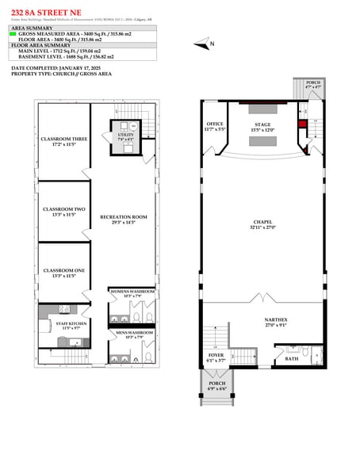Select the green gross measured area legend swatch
click(x=13, y=34)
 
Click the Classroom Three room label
click(x=63, y=142)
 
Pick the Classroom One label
click(x=63, y=273)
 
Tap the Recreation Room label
click(x=123, y=220)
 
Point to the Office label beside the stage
click(x=215, y=125)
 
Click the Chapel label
click(x=262, y=223)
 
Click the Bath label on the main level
click(x=291, y=358)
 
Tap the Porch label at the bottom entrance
click(x=216, y=388)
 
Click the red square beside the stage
click(x=301, y=123)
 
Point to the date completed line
click(x=55, y=68)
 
